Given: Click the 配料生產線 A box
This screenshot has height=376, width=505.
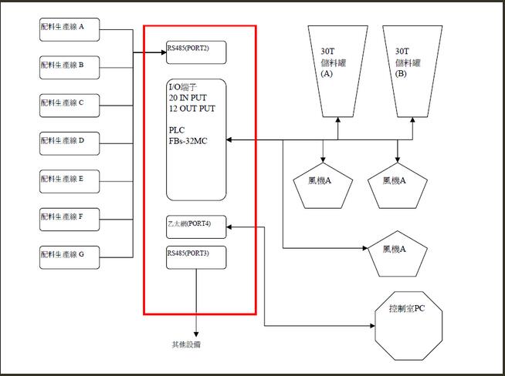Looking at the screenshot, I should pyautogui.click(x=69, y=30).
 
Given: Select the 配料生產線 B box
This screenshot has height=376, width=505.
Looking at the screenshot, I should pyautogui.click(x=69, y=66).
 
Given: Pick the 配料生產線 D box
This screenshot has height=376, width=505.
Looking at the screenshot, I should pyautogui.click(x=69, y=142).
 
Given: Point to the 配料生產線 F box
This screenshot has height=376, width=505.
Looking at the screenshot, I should pyautogui.click(x=69, y=218).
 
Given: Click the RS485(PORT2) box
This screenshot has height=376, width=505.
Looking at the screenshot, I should pyautogui.click(x=196, y=52).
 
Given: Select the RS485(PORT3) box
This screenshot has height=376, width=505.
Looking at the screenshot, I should pyautogui.click(x=196, y=257).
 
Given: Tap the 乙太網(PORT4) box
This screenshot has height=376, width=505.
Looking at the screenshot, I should pyautogui.click(x=196, y=227).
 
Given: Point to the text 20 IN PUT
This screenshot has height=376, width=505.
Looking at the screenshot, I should pyautogui.click(x=188, y=99).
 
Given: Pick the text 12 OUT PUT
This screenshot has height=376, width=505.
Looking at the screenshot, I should pyautogui.click(x=191, y=109).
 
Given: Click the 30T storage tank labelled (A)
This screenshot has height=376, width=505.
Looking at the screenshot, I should pyautogui.click(x=337, y=68).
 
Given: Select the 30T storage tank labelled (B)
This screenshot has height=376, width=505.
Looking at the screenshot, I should pyautogui.click(x=410, y=68).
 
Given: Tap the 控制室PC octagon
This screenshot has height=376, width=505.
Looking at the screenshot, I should pyautogui.click(x=406, y=324).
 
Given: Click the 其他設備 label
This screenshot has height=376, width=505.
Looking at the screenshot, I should pyautogui.click(x=186, y=344).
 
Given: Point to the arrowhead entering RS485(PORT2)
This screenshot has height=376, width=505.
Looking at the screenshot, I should pyautogui.click(x=162, y=52).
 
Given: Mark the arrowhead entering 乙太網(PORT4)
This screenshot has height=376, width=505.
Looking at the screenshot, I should pyautogui.click(x=230, y=227).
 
